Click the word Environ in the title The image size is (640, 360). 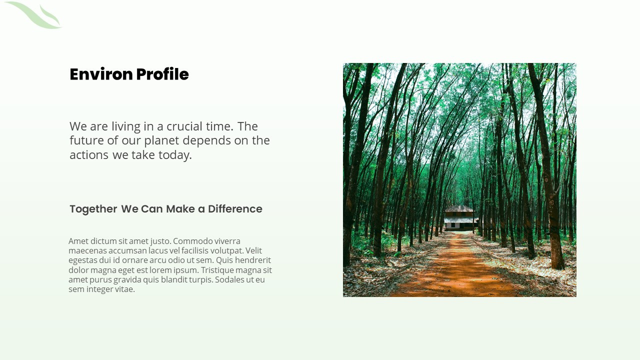[101, 74]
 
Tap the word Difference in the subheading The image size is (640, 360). [235, 209]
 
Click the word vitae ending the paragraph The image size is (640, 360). [123, 289]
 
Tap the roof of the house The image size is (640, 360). [459, 208]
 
